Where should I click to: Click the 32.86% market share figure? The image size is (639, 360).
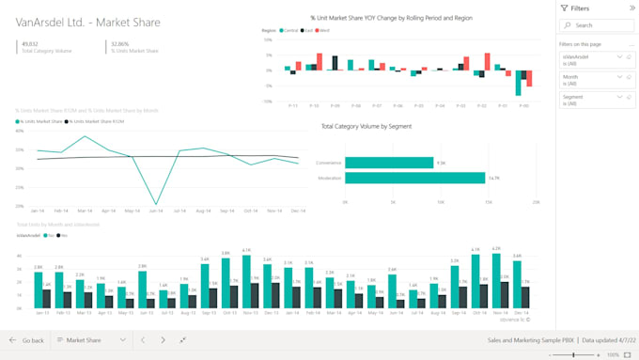click(120, 43)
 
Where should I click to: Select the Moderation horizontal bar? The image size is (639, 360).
click(414, 178)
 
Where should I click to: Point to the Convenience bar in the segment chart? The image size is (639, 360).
click(388, 163)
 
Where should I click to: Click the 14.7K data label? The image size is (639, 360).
click(493, 178)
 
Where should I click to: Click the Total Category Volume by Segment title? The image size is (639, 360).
click(366, 126)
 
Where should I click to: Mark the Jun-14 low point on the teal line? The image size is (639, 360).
click(155, 204)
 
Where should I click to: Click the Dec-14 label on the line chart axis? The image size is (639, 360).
click(298, 211)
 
